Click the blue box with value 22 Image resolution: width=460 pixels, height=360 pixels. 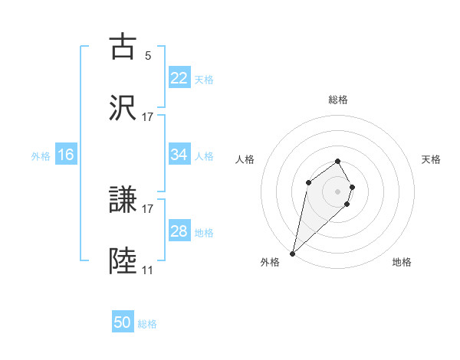click(179, 78)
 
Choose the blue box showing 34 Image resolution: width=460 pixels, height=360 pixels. click(179, 155)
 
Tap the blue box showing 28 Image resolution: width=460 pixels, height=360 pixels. click(179, 231)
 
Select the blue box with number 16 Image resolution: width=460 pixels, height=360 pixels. click(66, 155)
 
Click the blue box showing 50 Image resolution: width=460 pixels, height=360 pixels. click(123, 322)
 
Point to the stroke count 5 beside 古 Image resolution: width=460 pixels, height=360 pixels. click(148, 55)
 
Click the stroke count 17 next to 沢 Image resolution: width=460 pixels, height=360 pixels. click(148, 117)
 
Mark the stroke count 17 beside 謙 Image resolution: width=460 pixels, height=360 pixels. click(148, 208)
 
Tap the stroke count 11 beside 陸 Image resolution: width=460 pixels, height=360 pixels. click(148, 270)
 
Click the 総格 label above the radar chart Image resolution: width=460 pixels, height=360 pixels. click(338, 100)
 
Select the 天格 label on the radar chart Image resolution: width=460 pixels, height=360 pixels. click(432, 159)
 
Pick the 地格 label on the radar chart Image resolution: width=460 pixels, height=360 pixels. click(402, 262)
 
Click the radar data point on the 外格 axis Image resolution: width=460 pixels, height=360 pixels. click(293, 253)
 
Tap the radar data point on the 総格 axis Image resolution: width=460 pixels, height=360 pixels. click(338, 161)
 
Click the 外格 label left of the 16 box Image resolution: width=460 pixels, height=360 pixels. click(41, 155)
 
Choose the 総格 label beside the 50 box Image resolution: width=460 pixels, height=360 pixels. click(147, 323)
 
